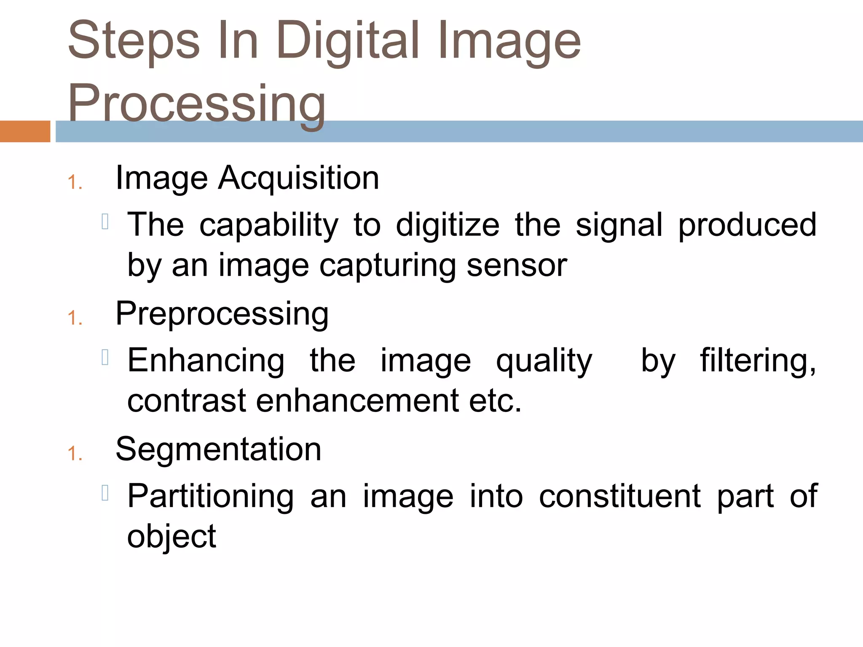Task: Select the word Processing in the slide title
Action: (197, 103)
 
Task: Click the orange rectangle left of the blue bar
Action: (25, 131)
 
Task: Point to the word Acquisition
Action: (299, 178)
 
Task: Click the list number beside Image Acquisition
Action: (75, 183)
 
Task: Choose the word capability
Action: (269, 225)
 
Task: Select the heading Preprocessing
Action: (222, 314)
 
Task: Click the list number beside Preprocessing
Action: (75, 318)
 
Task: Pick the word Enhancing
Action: (206, 361)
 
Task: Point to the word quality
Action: (544, 361)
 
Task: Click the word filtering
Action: (758, 361)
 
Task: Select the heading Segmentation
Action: (218, 449)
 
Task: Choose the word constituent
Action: (620, 497)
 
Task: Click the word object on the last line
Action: (172, 537)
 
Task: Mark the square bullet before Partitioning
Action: (105, 493)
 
